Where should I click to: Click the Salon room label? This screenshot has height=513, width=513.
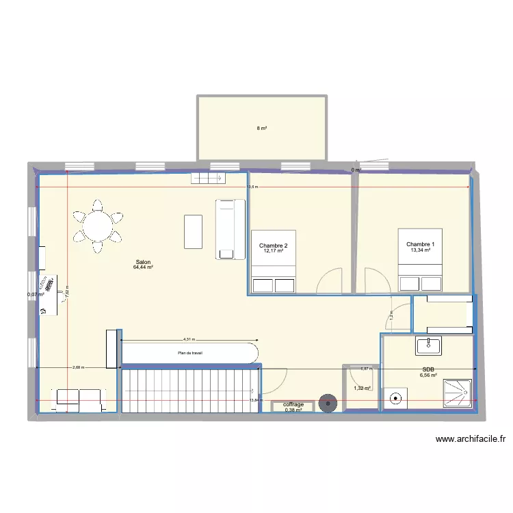pos(143,262)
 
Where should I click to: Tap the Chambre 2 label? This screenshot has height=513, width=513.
pos(273,246)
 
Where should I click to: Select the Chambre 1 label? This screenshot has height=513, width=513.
pos(420,244)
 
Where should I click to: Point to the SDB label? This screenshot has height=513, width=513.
pos(429,369)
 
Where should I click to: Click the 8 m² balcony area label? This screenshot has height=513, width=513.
pos(261,128)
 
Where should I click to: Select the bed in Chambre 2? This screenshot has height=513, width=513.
pos(274,262)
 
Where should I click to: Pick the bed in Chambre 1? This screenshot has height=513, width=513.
pos(420,261)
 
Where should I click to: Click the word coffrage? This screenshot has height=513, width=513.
pos(293,405)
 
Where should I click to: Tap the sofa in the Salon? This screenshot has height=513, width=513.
pos(231,229)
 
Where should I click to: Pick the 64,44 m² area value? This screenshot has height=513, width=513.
pos(143,267)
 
